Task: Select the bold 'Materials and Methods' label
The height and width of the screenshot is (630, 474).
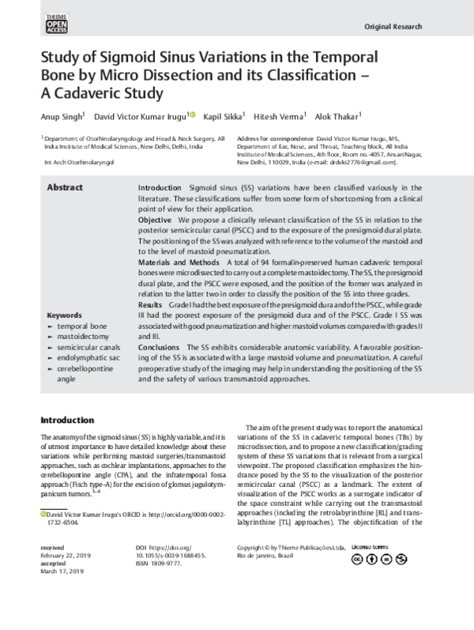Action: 179,261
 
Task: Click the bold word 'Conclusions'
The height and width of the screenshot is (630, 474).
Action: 160,347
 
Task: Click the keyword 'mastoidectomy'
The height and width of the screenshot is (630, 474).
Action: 84,335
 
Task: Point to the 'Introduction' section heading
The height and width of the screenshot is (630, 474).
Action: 72,420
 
